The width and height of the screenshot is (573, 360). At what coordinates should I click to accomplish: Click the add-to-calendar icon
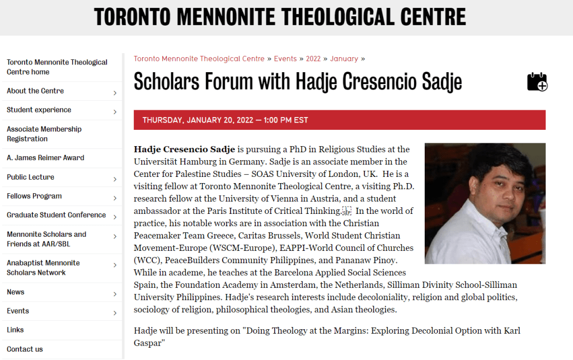(x=537, y=82)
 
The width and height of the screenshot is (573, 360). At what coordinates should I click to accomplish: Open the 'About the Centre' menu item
(x=35, y=91)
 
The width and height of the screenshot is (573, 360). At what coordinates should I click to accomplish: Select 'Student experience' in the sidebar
(x=39, y=110)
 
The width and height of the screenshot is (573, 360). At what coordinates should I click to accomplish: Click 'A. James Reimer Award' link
(x=45, y=158)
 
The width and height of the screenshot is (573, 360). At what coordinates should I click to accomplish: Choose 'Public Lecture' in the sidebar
(x=31, y=177)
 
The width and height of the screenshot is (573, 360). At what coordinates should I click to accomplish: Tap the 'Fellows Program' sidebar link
(x=34, y=196)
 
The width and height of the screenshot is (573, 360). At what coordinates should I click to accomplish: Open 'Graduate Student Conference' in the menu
(x=56, y=215)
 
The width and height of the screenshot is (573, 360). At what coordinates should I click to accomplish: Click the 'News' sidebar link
(x=16, y=292)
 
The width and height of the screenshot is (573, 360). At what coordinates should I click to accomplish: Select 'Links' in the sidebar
(x=15, y=330)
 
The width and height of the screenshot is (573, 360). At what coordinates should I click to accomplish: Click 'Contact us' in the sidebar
(x=25, y=349)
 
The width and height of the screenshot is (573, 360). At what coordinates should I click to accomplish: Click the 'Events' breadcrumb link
(x=285, y=59)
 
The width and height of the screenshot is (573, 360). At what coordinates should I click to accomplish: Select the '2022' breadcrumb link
(x=313, y=59)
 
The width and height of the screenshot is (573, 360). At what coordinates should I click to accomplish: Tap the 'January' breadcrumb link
(x=344, y=59)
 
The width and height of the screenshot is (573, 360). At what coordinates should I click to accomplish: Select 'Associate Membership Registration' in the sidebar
(x=44, y=134)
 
